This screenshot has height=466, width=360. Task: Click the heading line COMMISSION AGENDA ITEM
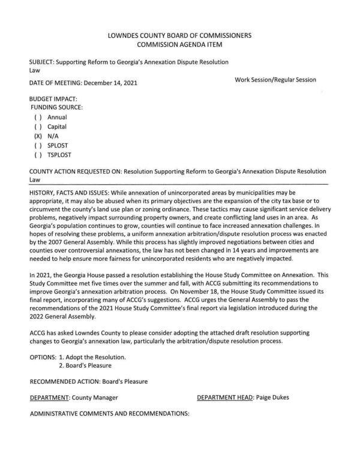point(180,45)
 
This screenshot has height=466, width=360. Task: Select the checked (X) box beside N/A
point(38,137)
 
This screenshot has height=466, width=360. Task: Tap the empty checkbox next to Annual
point(38,118)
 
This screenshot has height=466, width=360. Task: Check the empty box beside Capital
point(38,127)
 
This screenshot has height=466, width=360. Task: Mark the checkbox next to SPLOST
point(38,146)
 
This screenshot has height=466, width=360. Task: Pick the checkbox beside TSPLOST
point(38,155)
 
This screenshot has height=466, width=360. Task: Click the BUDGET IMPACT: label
point(53,98)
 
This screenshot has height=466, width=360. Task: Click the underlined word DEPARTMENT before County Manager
point(49,398)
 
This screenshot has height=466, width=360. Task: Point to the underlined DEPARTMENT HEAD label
point(224,398)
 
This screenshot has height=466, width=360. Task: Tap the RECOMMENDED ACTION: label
point(66,381)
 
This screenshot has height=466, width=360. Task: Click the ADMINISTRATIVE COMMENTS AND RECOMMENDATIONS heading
point(109,414)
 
